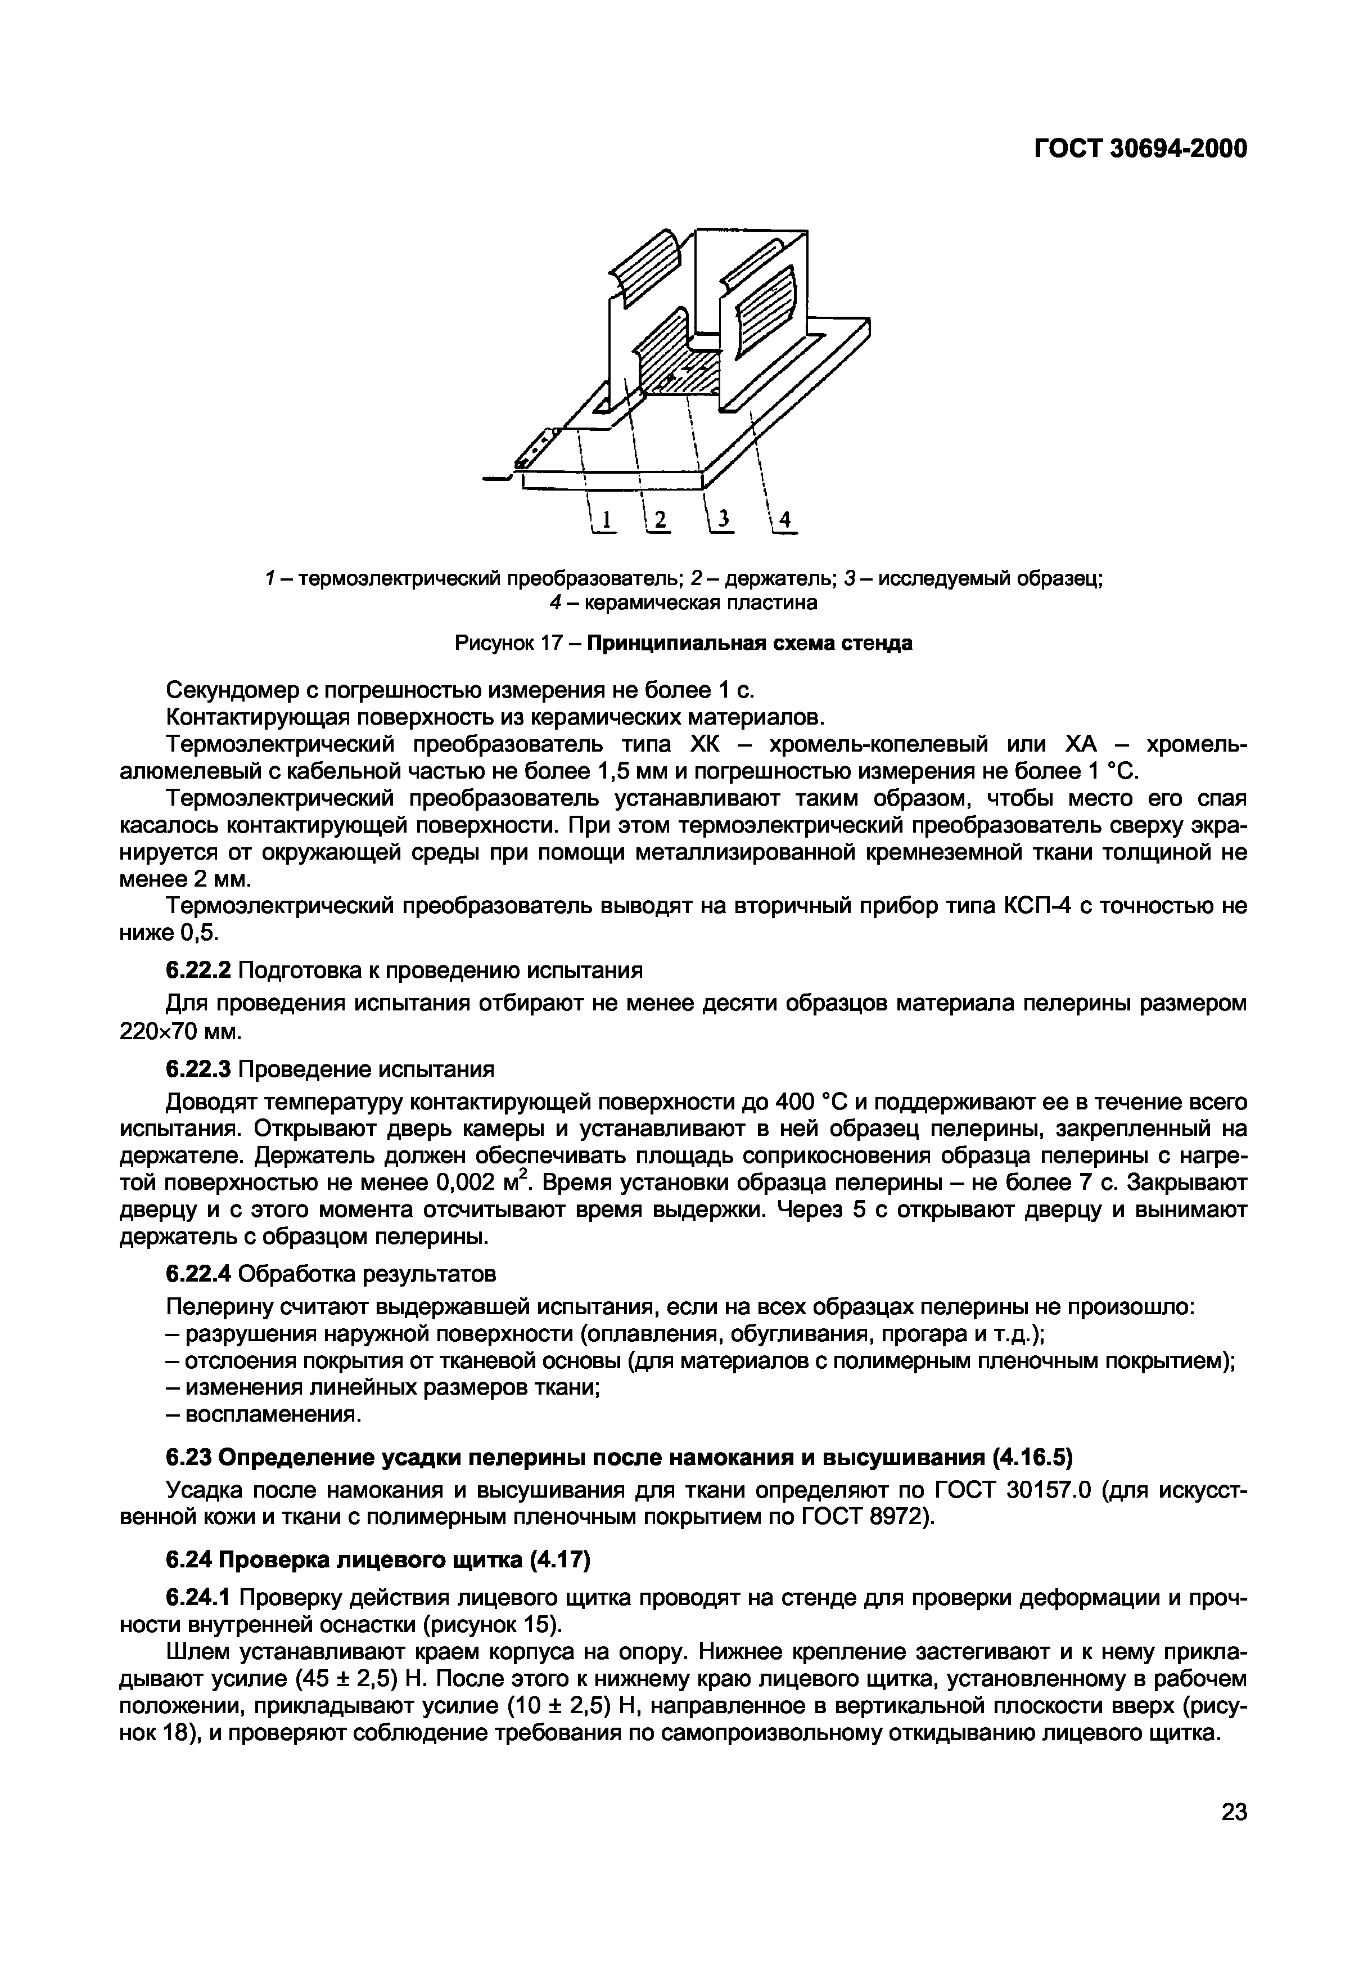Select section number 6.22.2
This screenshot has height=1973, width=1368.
pos(198,970)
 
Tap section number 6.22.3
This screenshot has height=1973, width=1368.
pos(198,1069)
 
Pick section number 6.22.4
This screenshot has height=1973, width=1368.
pos(198,1274)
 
